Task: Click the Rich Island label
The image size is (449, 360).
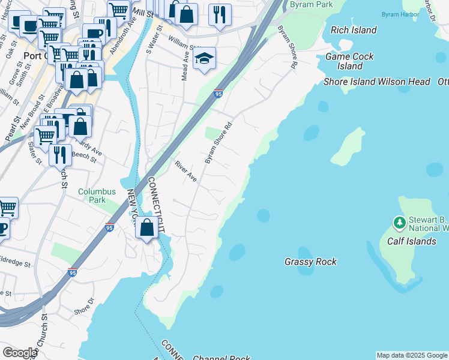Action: pyautogui.click(x=354, y=30)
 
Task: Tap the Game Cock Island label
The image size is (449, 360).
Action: pyautogui.click(x=349, y=61)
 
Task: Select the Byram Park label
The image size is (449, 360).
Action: pyautogui.click(x=311, y=4)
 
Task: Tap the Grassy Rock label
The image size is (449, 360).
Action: pyautogui.click(x=310, y=262)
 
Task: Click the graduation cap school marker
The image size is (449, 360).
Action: pyautogui.click(x=204, y=59)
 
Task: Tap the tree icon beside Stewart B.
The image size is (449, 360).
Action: pyautogui.click(x=400, y=223)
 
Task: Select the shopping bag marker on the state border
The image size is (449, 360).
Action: pyautogui.click(x=146, y=227)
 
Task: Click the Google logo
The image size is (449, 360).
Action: pyautogui.click(x=20, y=353)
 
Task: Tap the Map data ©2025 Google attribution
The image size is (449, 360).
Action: pyautogui.click(x=412, y=355)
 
